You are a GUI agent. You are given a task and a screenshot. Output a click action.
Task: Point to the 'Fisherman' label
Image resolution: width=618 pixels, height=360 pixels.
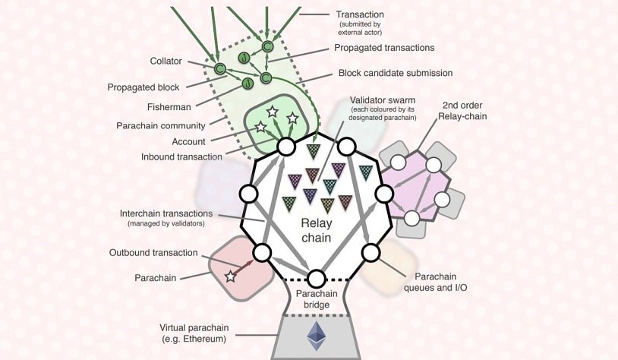coord(170,107)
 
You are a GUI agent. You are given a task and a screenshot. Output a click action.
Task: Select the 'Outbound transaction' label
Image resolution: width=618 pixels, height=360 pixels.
coord(153,253)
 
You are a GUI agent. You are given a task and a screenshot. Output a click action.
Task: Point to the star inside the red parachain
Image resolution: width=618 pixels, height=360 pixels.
coord(230,276)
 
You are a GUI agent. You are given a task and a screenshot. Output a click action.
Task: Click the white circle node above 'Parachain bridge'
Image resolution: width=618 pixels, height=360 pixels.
coord(316,279)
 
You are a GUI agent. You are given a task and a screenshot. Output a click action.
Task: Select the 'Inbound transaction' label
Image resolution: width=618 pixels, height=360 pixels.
coord(181,157)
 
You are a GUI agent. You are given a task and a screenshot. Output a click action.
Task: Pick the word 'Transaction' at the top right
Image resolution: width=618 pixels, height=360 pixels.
coord(361,14)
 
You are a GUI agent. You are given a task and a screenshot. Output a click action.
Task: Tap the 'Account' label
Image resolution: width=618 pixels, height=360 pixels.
coord(188,141)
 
